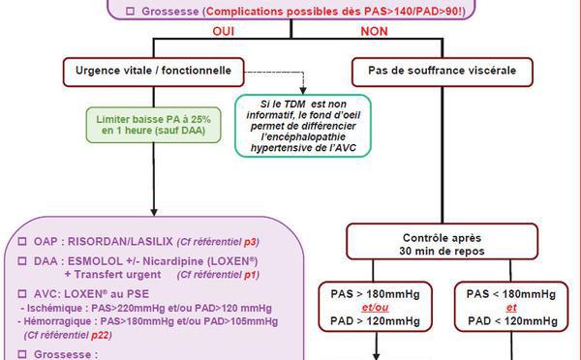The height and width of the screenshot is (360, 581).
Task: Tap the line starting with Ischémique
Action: point(145,308)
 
